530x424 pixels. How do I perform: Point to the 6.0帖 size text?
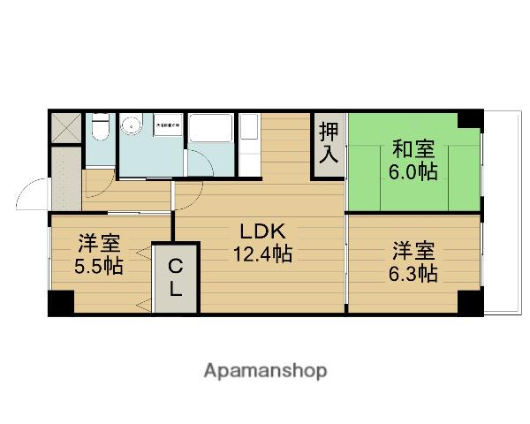[414, 171]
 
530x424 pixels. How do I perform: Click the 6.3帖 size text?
[414, 273]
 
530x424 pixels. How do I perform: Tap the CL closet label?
[176, 276]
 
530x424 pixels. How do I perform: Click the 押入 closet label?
[328, 145]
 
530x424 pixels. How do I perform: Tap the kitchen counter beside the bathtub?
[248, 141]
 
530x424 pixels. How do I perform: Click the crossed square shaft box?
[64, 127]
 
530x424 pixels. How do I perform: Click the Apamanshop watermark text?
[264, 370]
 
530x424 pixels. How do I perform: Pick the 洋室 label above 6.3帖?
[414, 251]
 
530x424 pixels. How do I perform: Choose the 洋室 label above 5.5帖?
[100, 243]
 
